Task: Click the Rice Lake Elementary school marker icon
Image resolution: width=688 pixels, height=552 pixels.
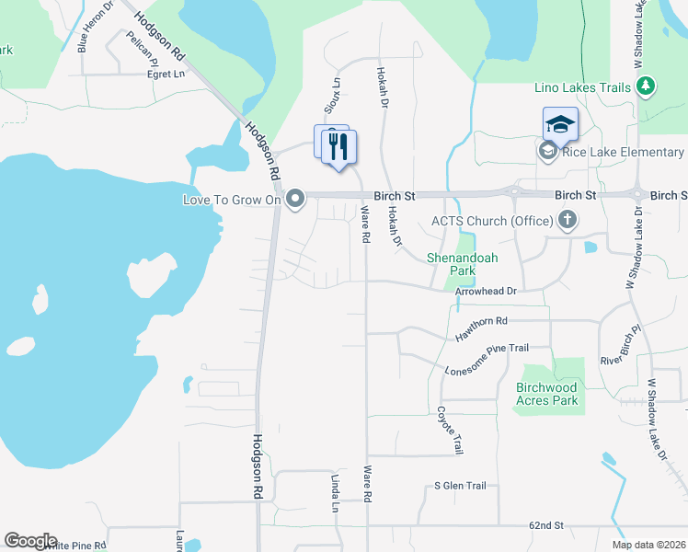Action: coord(548,152)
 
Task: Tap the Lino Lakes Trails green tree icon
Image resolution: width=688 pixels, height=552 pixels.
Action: coord(647,87)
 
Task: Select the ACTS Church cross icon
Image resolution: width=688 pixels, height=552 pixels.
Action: coord(568,220)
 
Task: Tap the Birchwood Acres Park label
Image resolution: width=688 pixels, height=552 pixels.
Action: coord(547,394)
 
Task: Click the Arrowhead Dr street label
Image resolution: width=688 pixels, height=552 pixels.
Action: coord(487,292)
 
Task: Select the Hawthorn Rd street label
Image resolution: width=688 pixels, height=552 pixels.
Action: coord(482,328)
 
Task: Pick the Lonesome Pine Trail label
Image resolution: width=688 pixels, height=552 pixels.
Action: coord(487,360)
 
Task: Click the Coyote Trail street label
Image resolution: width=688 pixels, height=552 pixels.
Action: coord(450,431)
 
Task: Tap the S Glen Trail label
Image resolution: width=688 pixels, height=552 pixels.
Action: coord(460,486)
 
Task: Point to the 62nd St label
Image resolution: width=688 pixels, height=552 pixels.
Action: coord(545,525)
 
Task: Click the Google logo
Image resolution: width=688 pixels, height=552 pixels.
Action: coord(30,541)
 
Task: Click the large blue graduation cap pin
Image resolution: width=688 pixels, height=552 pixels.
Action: coord(560,124)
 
